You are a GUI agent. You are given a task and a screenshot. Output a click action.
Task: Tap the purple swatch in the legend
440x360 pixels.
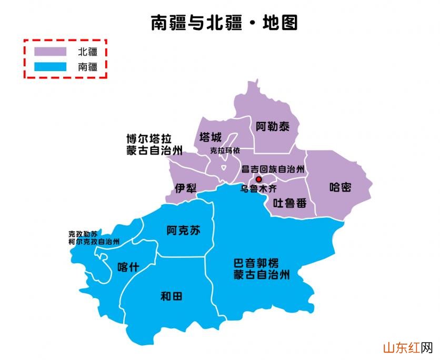(x=51, y=52)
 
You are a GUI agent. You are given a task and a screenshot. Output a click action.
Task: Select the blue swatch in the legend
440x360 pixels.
(x=51, y=67)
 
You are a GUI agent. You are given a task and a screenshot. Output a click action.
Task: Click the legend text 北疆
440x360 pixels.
(x=87, y=52)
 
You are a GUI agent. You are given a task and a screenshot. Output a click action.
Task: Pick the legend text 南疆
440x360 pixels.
(x=87, y=67)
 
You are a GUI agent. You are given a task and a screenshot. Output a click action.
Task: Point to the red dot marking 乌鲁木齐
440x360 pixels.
(x=258, y=179)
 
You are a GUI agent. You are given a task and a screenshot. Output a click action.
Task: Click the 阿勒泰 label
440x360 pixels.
(x=269, y=126)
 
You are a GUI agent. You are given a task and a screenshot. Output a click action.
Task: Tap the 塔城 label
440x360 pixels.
(x=211, y=138)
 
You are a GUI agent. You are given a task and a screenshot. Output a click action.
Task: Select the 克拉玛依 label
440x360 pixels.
(x=225, y=151)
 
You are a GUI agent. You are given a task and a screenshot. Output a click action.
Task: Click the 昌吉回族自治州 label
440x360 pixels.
(x=273, y=169)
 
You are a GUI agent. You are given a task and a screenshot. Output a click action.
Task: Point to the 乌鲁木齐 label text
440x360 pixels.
(x=258, y=188)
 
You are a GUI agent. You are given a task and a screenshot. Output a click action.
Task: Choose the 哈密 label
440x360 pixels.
(x=340, y=187)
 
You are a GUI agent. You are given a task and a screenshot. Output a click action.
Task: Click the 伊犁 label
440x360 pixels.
(x=186, y=188)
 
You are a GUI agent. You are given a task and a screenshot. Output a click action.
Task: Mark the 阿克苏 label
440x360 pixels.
(x=183, y=231)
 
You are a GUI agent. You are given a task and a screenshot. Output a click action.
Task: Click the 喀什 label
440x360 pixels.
(x=128, y=267)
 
